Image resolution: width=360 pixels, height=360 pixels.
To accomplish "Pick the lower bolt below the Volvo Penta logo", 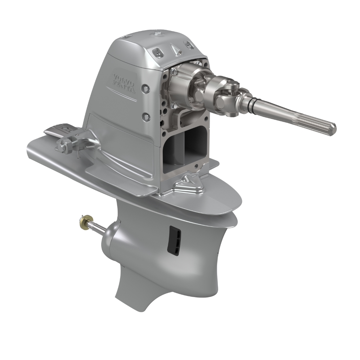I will (x=146, y=116).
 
